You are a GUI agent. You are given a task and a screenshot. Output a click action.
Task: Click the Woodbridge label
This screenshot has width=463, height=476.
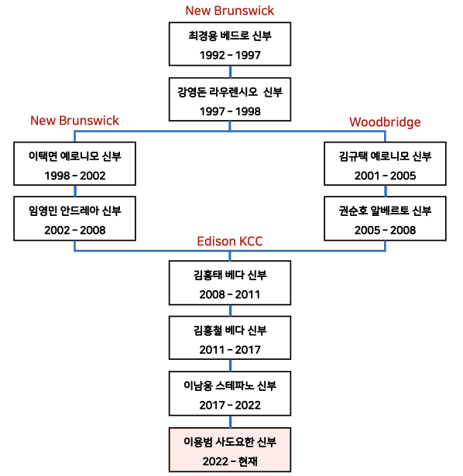click(385, 122)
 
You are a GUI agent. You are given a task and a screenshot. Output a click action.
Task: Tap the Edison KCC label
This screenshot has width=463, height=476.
click(229, 241)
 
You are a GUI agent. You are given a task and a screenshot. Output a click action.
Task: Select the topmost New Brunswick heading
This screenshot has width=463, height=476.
click(229, 11)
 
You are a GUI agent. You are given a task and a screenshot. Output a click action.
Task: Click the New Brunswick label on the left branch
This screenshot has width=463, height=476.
click(74, 121)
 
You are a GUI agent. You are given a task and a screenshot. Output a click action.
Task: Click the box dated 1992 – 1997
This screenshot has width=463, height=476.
click(230, 43)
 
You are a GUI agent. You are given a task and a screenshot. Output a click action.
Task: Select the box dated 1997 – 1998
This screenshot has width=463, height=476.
click(230, 99)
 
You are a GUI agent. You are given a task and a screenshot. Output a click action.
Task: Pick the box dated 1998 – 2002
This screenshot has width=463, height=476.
click(74, 163)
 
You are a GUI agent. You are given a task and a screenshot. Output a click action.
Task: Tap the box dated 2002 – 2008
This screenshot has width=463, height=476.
click(74, 218)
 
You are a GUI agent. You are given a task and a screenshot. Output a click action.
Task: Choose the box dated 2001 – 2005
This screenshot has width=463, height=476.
click(385, 163)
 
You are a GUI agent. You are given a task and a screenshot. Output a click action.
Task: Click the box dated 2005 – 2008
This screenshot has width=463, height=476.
click(385, 218)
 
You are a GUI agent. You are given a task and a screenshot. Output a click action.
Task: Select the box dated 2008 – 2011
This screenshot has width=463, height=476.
click(230, 283)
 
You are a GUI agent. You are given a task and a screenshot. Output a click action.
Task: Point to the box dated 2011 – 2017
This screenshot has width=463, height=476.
click(230, 338)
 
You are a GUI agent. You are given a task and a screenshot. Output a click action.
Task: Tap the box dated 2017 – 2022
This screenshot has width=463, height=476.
click(230, 393)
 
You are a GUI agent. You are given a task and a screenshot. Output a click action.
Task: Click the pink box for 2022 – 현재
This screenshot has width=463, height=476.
click(230, 450)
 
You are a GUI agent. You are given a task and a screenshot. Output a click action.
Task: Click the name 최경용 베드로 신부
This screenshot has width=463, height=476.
click(230, 36)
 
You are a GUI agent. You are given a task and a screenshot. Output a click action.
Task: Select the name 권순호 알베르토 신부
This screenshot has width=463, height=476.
click(385, 211)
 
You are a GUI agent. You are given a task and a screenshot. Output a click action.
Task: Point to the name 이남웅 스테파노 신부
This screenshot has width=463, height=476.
click(230, 385)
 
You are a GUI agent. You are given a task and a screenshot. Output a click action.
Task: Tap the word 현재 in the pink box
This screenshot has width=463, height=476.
click(248, 461)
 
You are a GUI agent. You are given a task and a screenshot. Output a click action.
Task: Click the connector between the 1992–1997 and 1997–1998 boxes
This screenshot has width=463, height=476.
click(230, 72)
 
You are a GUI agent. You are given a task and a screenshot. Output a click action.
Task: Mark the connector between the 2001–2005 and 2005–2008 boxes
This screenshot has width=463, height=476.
click(386, 191)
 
